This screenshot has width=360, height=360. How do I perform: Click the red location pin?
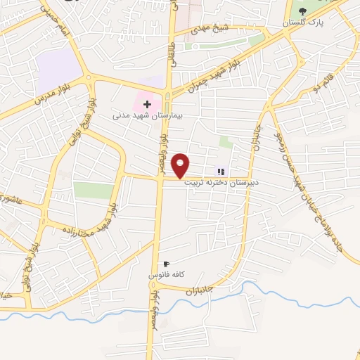coord(181,165)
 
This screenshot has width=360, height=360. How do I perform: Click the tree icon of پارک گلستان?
coord(303,11)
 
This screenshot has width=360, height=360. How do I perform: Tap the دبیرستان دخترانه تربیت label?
coord(221,181)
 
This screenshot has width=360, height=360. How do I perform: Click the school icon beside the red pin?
coord(221,171)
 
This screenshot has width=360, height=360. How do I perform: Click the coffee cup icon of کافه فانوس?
coord(166,264)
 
